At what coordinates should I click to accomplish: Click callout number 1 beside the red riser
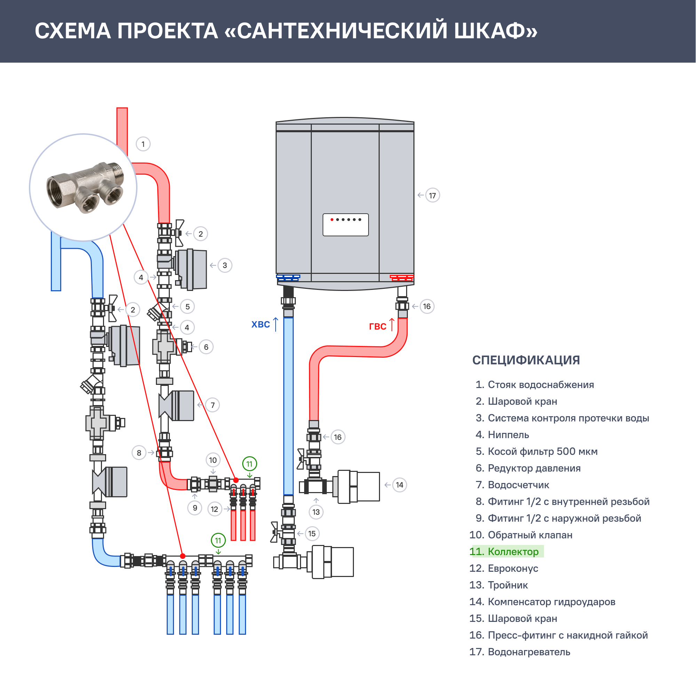[143, 144]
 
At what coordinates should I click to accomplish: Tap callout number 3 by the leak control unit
[225, 266]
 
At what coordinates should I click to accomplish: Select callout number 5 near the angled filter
[187, 307]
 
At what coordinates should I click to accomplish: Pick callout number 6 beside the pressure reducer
[206, 347]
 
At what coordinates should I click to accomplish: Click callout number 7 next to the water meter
[213, 405]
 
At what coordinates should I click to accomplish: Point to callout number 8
[139, 453]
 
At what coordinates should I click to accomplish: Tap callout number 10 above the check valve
[213, 460]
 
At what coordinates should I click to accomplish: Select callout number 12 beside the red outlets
[215, 509]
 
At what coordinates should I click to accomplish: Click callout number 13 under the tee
[316, 512]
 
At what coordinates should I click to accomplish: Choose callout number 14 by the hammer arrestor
[400, 485]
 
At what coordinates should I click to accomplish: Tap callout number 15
[312, 533]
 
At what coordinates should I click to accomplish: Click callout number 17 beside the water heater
[432, 196]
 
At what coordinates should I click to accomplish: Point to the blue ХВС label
[260, 325]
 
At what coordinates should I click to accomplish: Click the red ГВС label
[378, 326]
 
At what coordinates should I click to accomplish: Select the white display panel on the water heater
[346, 225]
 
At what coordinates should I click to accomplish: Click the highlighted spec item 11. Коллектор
[506, 552]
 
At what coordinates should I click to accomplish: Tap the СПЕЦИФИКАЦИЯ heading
[526, 360]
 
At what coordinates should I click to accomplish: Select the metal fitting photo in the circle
[85, 187]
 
